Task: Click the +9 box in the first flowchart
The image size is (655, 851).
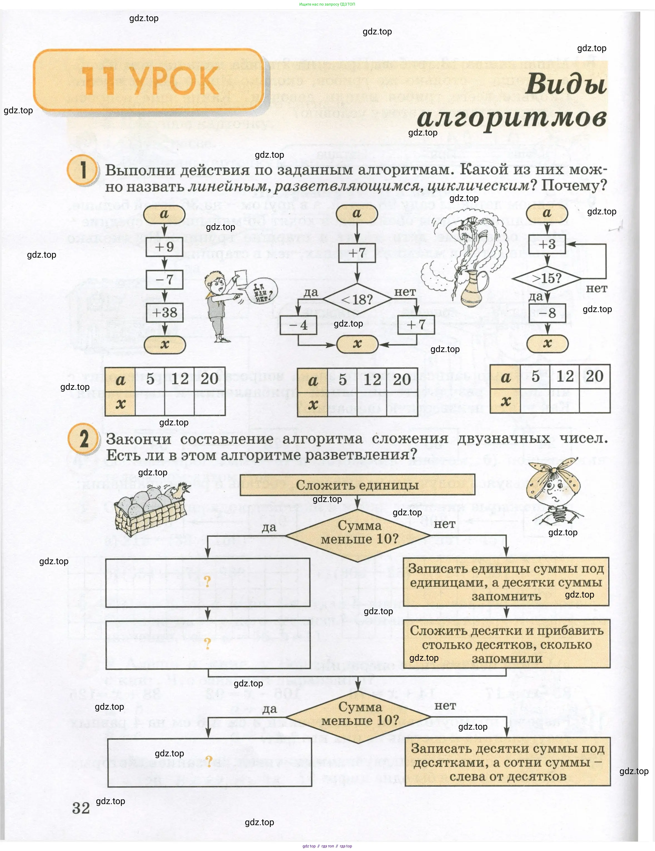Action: coord(164,247)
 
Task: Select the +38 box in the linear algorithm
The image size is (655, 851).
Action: coord(164,312)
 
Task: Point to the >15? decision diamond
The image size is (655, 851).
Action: coord(547,278)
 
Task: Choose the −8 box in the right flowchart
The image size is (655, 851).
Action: coord(547,313)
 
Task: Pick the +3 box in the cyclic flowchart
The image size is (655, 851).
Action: coord(547,245)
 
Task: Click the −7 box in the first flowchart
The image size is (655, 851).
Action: coord(164,279)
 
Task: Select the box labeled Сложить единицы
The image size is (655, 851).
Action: coord(357,485)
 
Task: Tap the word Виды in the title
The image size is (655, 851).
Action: coord(566,84)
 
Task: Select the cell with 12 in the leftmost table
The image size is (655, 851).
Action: coord(179,378)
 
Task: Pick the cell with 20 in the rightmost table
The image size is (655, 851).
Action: coord(594,376)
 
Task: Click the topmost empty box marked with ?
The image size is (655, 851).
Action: coord(208,582)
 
